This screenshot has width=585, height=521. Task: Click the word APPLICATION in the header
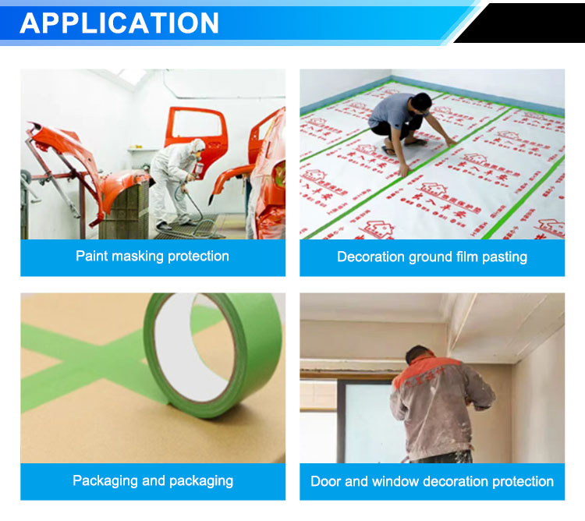pos(119,23)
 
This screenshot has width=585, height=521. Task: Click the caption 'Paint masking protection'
pos(152,257)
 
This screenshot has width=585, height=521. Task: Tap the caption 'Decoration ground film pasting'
pos(432,257)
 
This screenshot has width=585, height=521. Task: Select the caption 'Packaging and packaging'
pos(152,480)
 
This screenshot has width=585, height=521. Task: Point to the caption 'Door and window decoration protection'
pos(432,481)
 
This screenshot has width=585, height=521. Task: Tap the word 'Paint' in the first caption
pos(90,257)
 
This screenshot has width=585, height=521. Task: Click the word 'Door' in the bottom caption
pos(326,481)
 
